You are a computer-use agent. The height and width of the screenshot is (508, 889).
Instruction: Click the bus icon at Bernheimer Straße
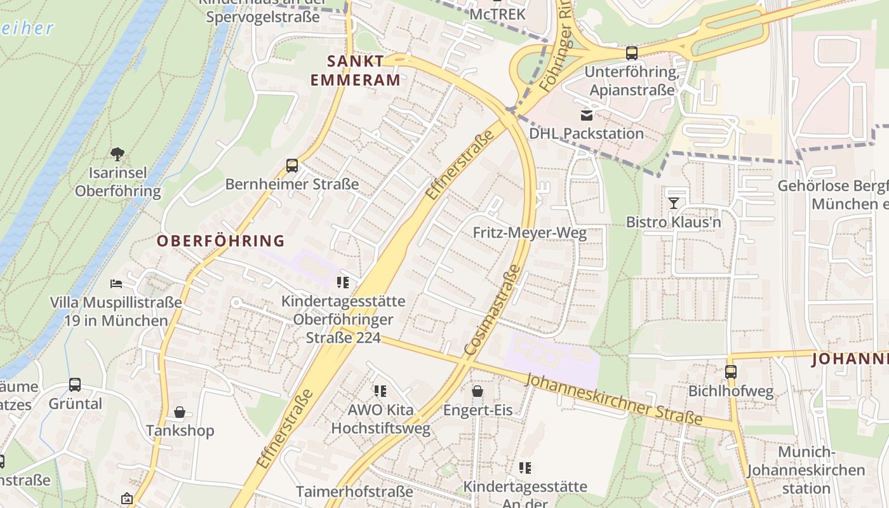[x=292, y=166]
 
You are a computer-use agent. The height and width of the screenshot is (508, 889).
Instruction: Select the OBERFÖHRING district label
[x=221, y=241]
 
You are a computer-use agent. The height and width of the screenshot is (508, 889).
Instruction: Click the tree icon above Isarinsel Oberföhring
[x=117, y=154]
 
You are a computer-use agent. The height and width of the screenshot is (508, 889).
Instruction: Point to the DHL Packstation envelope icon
[x=586, y=115]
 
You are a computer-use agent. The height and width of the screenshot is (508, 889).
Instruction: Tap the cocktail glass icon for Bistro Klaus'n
[x=673, y=203]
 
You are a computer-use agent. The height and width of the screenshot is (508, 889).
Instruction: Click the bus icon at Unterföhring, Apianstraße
[x=631, y=53]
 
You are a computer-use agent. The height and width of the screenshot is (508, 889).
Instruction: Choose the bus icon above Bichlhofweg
[x=731, y=372]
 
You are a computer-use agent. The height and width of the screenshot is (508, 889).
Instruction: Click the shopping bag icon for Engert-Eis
[x=477, y=391]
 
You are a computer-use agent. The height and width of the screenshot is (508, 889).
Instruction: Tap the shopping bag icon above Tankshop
[x=180, y=413]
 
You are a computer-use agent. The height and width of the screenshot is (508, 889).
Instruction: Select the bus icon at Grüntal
[x=75, y=385]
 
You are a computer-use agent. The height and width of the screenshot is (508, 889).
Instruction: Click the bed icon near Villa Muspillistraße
[x=116, y=283]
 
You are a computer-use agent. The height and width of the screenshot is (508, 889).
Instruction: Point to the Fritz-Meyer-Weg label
[x=530, y=233]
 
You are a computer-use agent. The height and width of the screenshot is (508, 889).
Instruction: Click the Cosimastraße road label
[x=492, y=311]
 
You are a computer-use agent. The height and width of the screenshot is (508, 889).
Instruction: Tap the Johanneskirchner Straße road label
[x=614, y=399]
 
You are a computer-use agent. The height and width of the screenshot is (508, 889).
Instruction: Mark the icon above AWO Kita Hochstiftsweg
[x=380, y=391]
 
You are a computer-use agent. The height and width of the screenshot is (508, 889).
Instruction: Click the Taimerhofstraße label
[x=354, y=491]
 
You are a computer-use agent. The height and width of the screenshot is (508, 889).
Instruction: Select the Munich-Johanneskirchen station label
[x=805, y=471]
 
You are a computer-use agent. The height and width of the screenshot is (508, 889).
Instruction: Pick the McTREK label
[x=498, y=13]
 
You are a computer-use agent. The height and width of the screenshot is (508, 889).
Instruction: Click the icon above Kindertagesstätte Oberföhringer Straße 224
[x=343, y=283]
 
